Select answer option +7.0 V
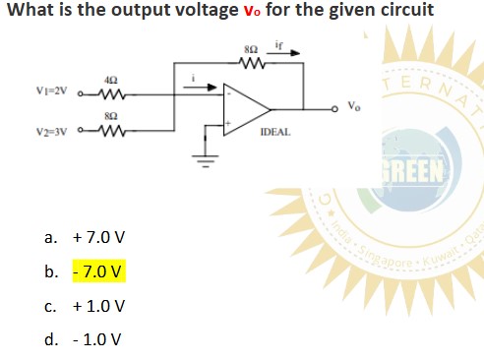97,238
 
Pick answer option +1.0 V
97,306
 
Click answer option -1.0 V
97,339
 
